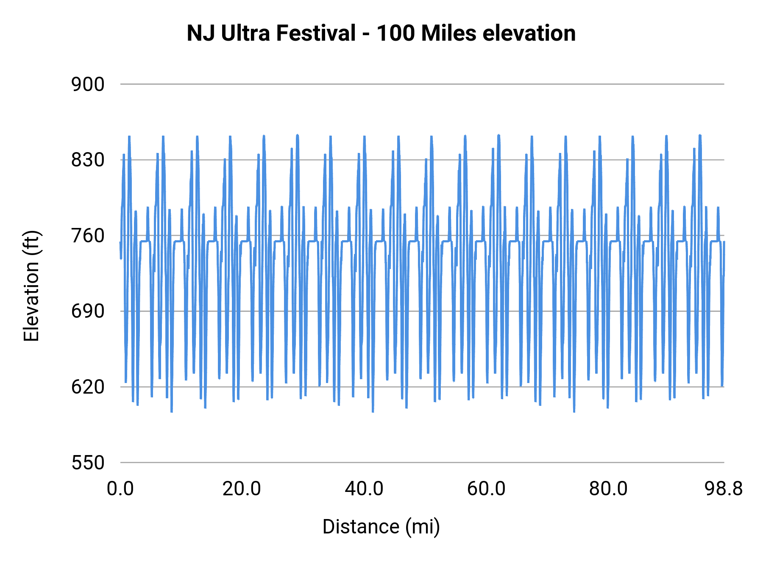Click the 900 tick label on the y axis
pyautogui.click(x=88, y=85)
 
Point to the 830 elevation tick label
pyautogui.click(x=88, y=160)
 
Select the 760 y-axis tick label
pyautogui.click(x=88, y=236)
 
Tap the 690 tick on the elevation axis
pyautogui.click(x=88, y=311)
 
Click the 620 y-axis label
pyautogui.click(x=88, y=387)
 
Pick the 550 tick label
pyautogui.click(x=88, y=463)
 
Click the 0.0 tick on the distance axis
pyautogui.click(x=120, y=489)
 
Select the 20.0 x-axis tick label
pyautogui.click(x=242, y=489)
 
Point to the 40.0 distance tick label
pyautogui.click(x=364, y=489)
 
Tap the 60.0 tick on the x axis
pyautogui.click(x=486, y=489)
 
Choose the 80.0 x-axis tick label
pyautogui.click(x=608, y=489)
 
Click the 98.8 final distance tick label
pyautogui.click(x=724, y=489)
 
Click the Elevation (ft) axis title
pyautogui.click(x=31, y=286)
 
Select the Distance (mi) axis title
pyautogui.click(x=381, y=527)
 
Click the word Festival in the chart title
pyautogui.click(x=316, y=33)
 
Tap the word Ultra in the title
pyautogui.click(x=245, y=33)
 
